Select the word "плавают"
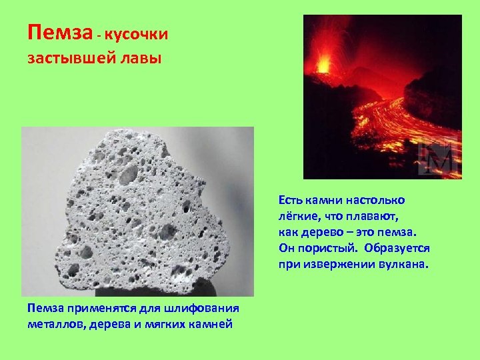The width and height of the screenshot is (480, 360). point(383,216)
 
